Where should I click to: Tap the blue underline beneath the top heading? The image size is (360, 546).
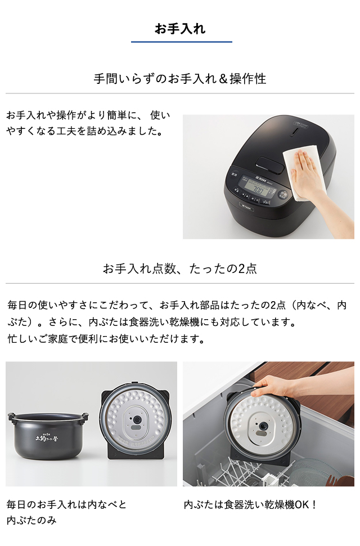[181, 42]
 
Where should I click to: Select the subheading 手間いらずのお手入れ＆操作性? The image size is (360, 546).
[180, 79]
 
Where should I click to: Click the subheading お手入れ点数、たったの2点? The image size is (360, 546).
[180, 268]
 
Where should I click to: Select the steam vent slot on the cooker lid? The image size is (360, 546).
[297, 133]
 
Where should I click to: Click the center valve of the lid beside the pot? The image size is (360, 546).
[136, 420]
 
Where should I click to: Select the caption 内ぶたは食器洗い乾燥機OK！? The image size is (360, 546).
[250, 505]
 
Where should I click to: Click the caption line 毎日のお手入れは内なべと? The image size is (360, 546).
[66, 505]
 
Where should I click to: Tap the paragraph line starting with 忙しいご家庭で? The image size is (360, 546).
[105, 339]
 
